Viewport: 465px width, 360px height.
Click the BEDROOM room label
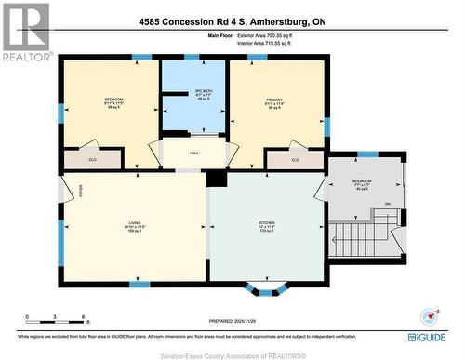pyautogui.click(x=114, y=98)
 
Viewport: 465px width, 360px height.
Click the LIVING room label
pyautogui.click(x=135, y=224)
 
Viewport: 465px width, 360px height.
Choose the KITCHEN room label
pyautogui.click(x=267, y=224)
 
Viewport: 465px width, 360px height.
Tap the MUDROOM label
pyautogui.click(x=363, y=181)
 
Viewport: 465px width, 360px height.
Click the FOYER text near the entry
pyautogui.click(x=81, y=193)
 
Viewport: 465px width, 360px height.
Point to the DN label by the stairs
pyautogui.click(x=388, y=204)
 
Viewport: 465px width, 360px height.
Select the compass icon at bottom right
pyautogui.click(x=429, y=315)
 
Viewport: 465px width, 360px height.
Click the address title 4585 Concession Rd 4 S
pyautogui.click(x=232, y=20)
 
